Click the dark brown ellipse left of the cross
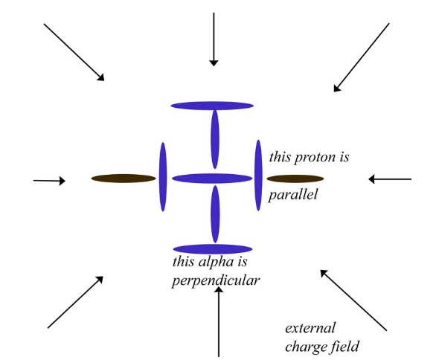click(x=124, y=179)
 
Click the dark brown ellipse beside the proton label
click(x=295, y=179)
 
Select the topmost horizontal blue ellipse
click(x=212, y=106)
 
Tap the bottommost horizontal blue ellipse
click(x=213, y=249)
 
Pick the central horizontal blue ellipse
click(x=212, y=179)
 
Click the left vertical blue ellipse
click(x=163, y=177)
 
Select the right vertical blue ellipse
click(x=258, y=175)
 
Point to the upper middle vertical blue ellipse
click(x=215, y=139)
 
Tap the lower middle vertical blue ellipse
click(x=215, y=214)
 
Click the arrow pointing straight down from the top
click(x=214, y=39)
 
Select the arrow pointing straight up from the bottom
click(x=219, y=321)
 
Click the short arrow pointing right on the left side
click(x=50, y=181)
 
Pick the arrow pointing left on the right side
click(x=390, y=179)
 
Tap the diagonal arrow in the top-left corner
click(x=74, y=52)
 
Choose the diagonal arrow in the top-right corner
click(x=362, y=57)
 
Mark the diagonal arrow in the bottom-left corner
click(x=75, y=302)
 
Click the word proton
click(x=315, y=158)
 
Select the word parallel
click(x=293, y=194)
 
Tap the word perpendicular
click(x=216, y=280)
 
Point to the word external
click(x=310, y=328)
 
